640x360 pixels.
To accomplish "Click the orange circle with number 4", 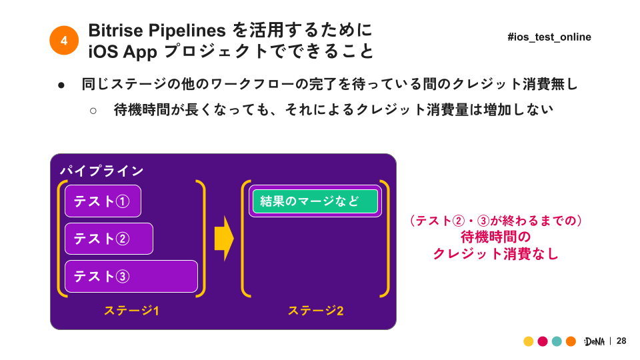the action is pos(64,41).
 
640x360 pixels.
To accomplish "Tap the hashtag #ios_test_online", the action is pos(549,37).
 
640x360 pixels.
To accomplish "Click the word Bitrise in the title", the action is pos(115,30).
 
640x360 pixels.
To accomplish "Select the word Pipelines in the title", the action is pos(187,31).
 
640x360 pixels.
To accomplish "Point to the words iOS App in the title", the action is pos(123,52).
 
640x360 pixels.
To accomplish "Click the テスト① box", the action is pos(103,201).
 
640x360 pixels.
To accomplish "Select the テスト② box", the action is pos(109,239).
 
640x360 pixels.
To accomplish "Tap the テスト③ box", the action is pos(131,276).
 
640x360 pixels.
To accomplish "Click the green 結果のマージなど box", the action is pos(315,201).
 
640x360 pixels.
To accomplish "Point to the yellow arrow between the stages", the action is pos(224,239).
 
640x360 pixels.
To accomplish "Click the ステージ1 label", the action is pos(131,311).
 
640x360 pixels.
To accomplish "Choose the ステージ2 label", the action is pos(315,311).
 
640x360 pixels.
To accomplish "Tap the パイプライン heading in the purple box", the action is pos(101,171).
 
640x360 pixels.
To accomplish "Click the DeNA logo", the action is pos(594,341).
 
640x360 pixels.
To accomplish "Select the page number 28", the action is pos(621,341).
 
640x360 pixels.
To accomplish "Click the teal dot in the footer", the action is pos(557,341).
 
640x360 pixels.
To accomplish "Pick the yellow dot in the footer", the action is pos(529,341).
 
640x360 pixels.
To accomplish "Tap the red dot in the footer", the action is pos(543,341).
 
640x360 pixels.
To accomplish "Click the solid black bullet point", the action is pos(61,85).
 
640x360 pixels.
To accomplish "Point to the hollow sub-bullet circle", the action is pos(93,111).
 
